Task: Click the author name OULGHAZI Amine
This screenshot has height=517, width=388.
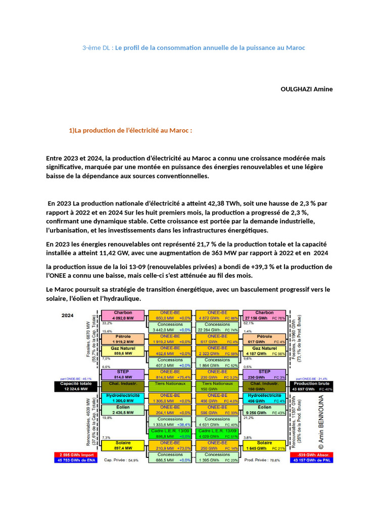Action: tap(306, 89)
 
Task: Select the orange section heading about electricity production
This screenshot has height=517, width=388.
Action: tap(130, 130)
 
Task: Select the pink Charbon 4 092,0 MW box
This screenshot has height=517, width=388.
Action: tap(123, 316)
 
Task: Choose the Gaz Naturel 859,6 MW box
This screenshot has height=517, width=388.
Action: tap(123, 351)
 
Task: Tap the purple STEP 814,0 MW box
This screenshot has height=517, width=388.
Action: tap(123, 374)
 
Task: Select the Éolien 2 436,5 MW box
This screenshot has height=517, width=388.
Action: tap(123, 409)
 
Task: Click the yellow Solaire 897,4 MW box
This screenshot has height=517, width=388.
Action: tap(123, 445)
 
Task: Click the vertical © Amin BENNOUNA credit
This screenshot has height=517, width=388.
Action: tap(321, 422)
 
